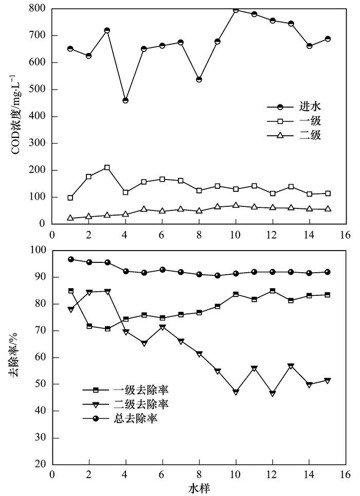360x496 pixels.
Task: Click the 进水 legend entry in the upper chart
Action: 305,107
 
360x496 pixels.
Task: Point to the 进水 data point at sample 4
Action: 125,100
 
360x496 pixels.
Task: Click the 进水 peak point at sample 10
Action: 236,10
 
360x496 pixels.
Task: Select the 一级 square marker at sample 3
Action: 107,168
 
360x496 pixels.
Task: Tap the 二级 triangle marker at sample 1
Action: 70,218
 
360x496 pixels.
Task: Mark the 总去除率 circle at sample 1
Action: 70,259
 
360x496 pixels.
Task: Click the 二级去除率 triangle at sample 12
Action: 273,394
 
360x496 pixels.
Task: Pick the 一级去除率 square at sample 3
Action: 107,328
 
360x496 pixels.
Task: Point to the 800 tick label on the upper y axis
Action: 38,9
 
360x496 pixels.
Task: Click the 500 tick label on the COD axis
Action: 38,90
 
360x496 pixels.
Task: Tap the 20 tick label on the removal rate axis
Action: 40,465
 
